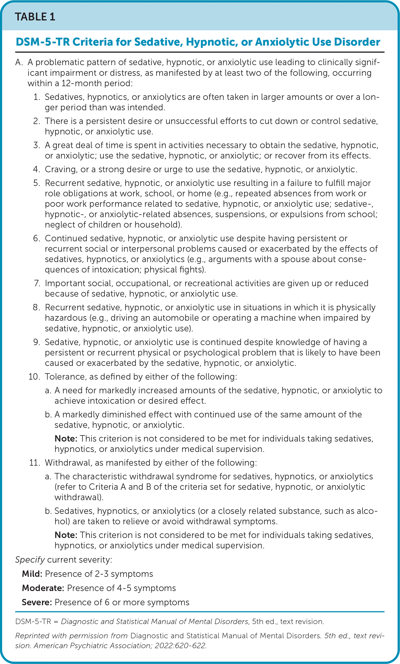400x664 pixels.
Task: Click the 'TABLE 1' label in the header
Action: [x=35, y=17]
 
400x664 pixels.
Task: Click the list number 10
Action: [x=34, y=377]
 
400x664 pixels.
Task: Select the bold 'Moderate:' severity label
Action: [x=43, y=588]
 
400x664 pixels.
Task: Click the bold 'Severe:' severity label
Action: [x=37, y=602]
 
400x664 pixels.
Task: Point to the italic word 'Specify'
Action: [x=30, y=560]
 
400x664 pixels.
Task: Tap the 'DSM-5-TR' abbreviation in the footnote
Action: [x=33, y=621]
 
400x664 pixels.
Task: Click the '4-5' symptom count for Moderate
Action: [x=124, y=588]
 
